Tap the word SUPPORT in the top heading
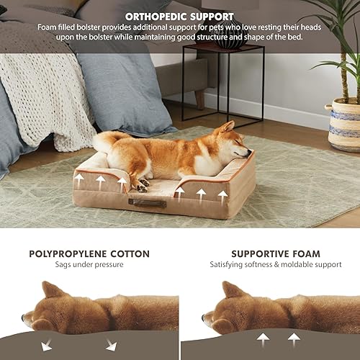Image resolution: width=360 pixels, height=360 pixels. [x=209, y=16]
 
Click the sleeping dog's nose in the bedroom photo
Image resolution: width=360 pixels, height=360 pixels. [x=249, y=153]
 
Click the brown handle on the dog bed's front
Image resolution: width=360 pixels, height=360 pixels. [x=148, y=203]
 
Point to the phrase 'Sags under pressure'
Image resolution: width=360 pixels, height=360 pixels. [x=89, y=265]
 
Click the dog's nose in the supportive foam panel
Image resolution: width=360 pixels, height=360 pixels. [x=204, y=317]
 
